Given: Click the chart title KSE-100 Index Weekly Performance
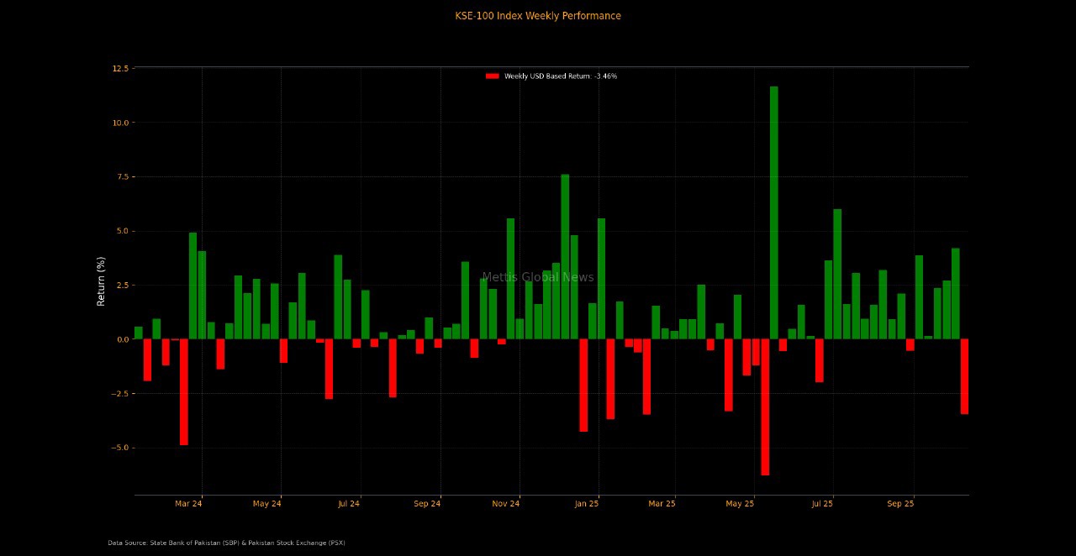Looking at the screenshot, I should (538, 16).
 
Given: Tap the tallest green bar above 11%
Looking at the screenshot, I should (773, 210).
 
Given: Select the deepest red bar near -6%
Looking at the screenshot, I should (765, 407).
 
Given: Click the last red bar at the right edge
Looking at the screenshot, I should (964, 376).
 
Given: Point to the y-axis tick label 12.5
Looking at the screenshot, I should (120, 68).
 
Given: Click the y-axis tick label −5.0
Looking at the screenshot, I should (119, 448).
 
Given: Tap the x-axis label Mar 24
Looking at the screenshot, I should (188, 504).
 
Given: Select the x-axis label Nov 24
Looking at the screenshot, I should (506, 504).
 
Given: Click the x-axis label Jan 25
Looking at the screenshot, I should (586, 504).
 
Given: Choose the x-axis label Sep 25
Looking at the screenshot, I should (900, 504).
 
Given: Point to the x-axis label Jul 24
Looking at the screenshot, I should (348, 504).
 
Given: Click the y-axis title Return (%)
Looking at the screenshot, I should (101, 281).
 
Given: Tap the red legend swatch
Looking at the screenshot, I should (492, 76).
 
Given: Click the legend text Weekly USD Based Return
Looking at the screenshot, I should (560, 76).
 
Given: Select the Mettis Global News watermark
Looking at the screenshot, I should (538, 277).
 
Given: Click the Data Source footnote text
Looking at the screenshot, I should (226, 543).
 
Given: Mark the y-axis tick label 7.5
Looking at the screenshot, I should (121, 176).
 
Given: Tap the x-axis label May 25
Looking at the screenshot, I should (740, 504).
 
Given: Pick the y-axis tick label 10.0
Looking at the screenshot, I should (120, 123).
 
